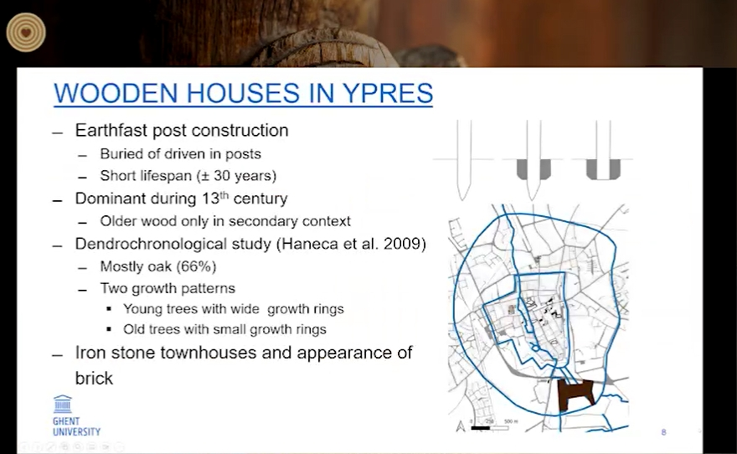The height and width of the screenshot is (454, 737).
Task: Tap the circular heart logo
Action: pos(26,32)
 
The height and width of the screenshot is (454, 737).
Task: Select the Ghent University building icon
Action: pos(63,405)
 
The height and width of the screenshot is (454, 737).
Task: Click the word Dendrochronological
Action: pos(173,244)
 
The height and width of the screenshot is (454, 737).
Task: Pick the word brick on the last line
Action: pos(94,378)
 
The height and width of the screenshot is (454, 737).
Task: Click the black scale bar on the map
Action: pos(481,428)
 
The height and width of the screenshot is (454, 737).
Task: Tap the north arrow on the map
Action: pos(461,426)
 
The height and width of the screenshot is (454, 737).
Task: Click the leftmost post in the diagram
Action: pos(464,160)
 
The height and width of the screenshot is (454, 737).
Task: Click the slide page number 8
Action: pos(663,432)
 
